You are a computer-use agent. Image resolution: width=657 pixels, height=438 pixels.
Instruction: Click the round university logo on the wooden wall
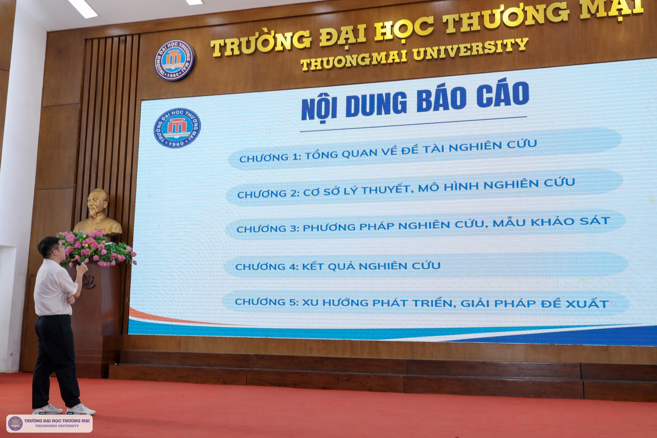pyautogui.click(x=175, y=60)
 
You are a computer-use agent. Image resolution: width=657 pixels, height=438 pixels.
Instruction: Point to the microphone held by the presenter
pyautogui.click(x=75, y=259)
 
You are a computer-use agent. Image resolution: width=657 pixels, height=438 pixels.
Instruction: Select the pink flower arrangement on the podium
pyautogui.click(x=96, y=248)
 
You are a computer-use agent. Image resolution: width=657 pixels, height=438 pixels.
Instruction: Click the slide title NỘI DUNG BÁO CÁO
pyautogui.click(x=415, y=100)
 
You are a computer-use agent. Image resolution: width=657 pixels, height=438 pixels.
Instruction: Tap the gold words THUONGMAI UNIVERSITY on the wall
pyautogui.click(x=414, y=54)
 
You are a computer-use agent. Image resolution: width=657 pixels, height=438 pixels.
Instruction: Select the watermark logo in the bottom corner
pyautogui.click(x=15, y=423)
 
